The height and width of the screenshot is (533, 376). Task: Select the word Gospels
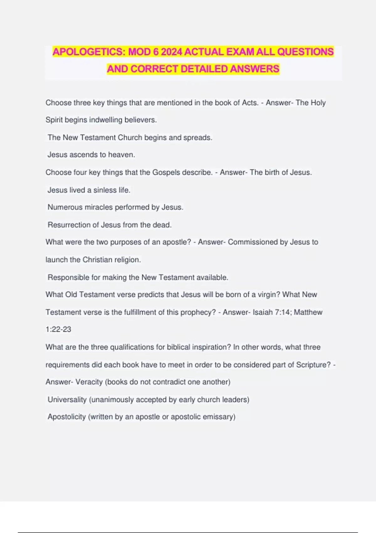[x=166, y=172]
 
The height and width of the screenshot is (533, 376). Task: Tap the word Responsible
[x=68, y=277]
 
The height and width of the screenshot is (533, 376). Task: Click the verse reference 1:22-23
[x=58, y=330]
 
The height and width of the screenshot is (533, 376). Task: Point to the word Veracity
[x=89, y=382]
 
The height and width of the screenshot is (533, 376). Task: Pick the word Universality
[x=67, y=400]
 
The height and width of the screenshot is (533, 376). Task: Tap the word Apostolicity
[x=67, y=417]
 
